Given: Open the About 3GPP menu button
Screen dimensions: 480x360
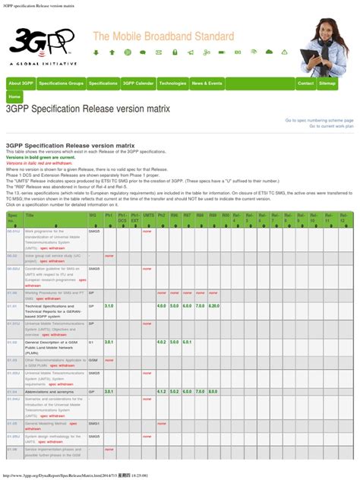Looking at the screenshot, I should coord(21,83).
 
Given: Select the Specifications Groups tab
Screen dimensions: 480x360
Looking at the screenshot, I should coord(61,83).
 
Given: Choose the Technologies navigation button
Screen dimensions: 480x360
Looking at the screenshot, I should coord(172,83).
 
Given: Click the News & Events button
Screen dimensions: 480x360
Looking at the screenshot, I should coord(207,83).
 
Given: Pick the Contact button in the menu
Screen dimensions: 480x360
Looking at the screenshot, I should coord(305,83).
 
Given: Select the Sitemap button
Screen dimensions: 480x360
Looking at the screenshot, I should coord(327,83).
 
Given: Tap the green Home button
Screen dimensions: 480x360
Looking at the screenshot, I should coord(14,97).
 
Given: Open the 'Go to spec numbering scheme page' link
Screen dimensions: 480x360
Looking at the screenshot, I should coord(319,120).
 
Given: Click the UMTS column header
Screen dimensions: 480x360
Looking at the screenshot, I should coord(147,216).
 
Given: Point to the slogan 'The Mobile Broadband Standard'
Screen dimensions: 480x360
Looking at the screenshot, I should coord(163,36).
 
